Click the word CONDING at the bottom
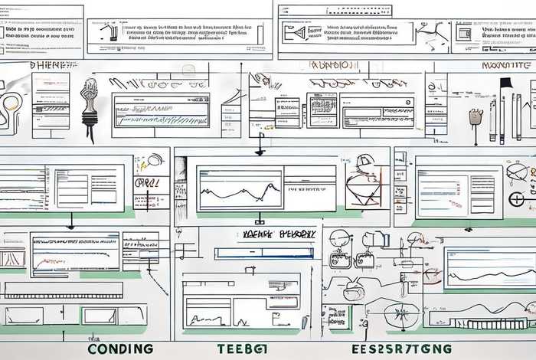tap(121, 349)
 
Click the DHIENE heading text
tap(52, 66)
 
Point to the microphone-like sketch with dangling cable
tap(90, 107)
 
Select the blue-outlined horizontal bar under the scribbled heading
tap(264, 253)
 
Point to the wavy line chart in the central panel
tap(239, 189)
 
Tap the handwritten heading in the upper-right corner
tap(507, 66)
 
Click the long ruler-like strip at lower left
tap(63, 290)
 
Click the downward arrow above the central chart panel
tap(260, 146)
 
